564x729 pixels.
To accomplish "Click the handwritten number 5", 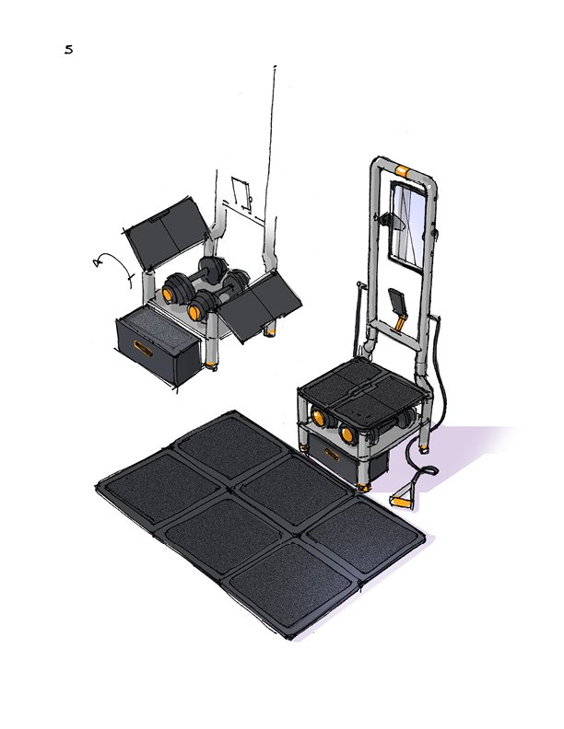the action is [68, 50].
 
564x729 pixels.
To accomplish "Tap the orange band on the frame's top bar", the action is [403, 170].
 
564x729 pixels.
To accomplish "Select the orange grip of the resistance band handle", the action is [400, 501].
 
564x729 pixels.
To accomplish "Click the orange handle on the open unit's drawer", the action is [143, 348].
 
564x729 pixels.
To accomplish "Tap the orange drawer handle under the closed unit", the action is [332, 454].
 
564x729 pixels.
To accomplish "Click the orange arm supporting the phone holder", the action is [400, 321].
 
